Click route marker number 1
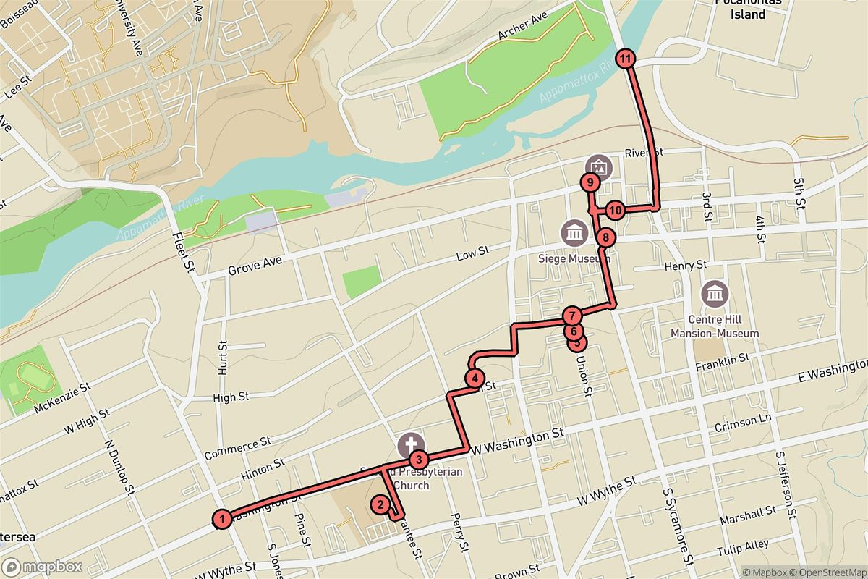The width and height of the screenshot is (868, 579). (x=224, y=517)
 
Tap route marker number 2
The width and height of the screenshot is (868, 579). (x=379, y=505)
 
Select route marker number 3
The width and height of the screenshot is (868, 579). (x=417, y=459)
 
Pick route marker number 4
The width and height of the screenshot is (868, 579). (x=474, y=377)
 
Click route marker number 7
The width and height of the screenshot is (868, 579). (x=571, y=316)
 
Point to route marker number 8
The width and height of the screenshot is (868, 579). (x=605, y=237)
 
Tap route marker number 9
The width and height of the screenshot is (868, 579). (x=590, y=183)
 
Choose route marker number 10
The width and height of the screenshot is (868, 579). (x=615, y=211)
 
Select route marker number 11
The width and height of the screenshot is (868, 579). (x=625, y=59)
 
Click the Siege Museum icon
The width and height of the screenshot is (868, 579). (x=575, y=232)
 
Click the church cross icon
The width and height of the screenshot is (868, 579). (x=410, y=444)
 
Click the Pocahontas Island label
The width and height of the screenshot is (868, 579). (x=740, y=9)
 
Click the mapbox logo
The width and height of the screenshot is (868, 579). (x=42, y=567)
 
